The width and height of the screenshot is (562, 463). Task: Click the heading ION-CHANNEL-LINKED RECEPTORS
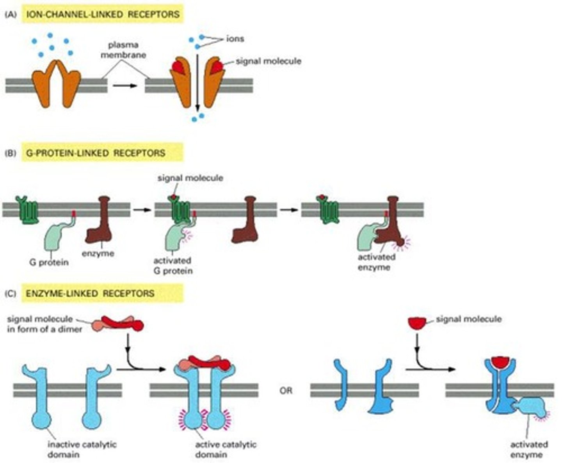(x=102, y=14)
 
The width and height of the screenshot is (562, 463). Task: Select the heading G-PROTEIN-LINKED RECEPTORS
(x=95, y=153)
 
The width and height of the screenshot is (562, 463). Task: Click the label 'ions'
(x=235, y=39)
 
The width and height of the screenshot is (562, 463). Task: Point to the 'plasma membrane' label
(x=123, y=50)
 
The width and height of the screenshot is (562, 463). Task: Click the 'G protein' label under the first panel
(x=49, y=262)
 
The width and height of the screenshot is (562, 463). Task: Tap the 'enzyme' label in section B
(x=98, y=253)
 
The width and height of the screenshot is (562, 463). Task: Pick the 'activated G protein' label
(x=173, y=265)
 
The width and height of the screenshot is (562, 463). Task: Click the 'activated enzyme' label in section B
(x=376, y=262)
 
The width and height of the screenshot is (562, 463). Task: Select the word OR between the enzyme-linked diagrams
(x=286, y=390)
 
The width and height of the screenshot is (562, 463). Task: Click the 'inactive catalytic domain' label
(x=82, y=449)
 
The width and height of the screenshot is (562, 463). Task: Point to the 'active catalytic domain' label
(x=226, y=449)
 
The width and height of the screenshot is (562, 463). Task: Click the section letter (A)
(x=11, y=15)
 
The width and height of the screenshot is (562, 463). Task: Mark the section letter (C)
(x=11, y=294)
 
